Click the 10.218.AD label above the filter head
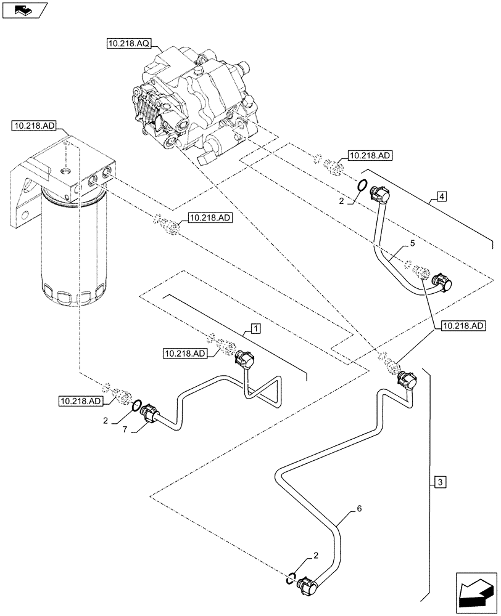coord(34,126)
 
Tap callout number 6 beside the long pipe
coord(360,511)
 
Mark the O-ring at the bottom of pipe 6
coord(291,577)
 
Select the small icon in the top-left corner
coord(23,10)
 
